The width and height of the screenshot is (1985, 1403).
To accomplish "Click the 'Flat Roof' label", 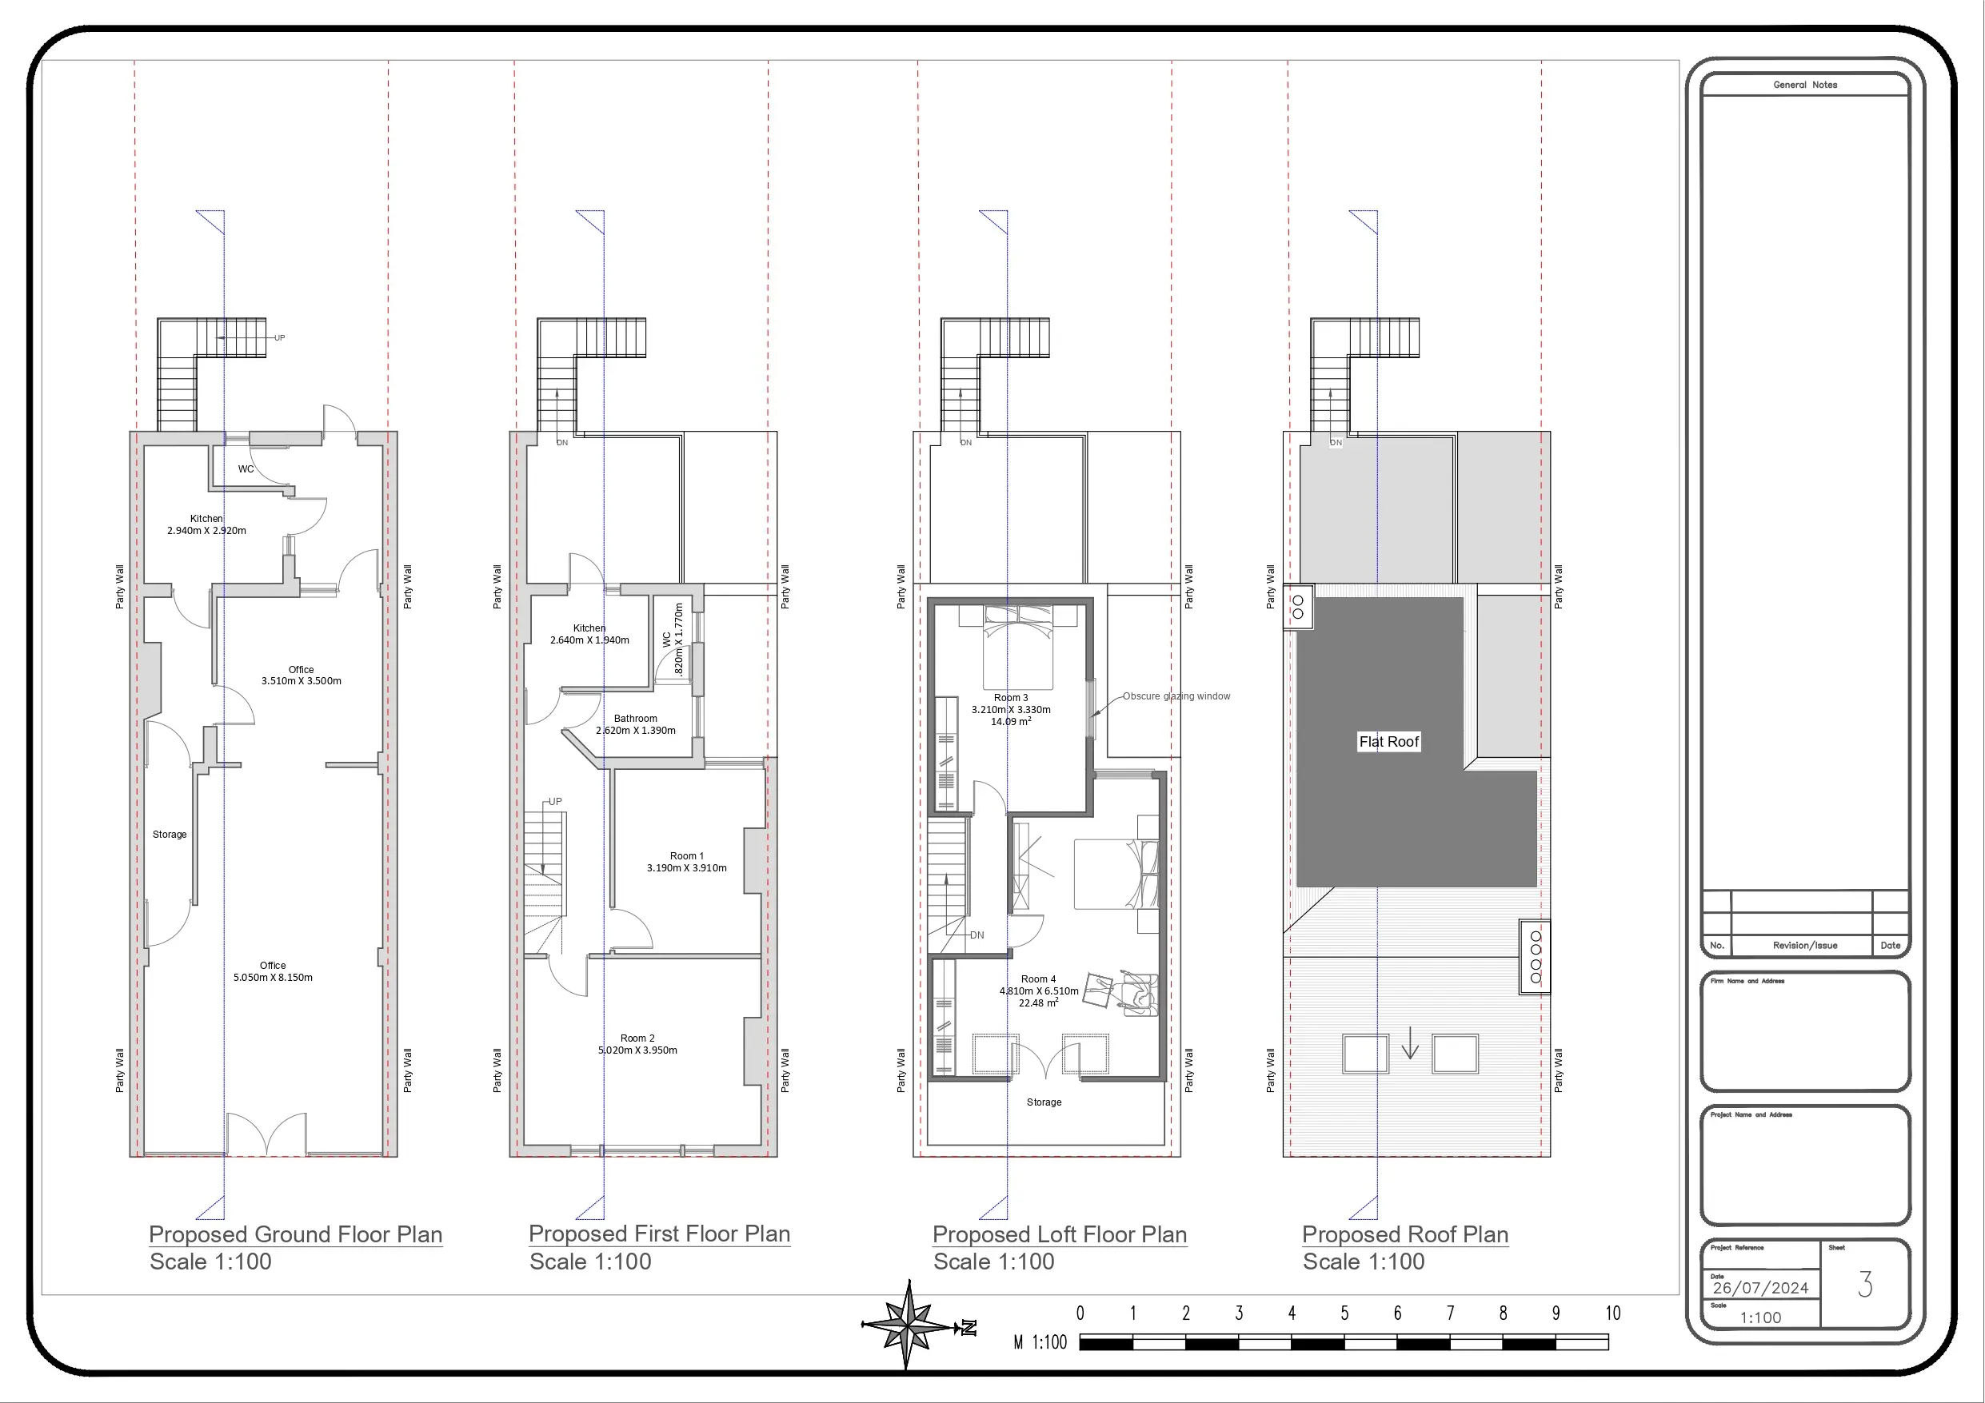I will click(1388, 742).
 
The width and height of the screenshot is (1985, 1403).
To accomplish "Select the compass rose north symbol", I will click(908, 1325).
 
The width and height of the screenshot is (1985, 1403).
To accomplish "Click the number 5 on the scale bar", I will click(1344, 1313).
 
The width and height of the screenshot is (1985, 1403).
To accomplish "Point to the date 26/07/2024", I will click(1760, 1288).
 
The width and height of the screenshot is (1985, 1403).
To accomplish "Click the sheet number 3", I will click(1865, 1285).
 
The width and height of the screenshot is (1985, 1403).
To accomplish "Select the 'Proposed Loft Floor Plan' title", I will click(1059, 1234).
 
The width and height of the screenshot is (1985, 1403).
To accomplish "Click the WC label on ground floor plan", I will click(246, 469).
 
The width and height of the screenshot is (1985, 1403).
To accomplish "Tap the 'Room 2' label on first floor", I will click(637, 1038).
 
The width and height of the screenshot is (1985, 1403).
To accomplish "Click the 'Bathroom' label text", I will click(636, 719).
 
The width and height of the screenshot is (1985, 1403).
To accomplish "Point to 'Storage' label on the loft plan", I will click(1044, 1102).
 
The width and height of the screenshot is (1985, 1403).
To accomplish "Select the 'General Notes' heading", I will click(1805, 85).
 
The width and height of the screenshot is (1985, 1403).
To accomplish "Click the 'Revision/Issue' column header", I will click(1805, 945).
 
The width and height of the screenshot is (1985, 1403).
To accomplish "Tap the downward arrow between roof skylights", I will click(1410, 1042).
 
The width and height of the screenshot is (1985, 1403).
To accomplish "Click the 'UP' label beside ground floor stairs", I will click(279, 338).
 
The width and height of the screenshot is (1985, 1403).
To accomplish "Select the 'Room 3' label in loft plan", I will click(1011, 698).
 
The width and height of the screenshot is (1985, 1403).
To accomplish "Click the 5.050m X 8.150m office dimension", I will click(274, 978).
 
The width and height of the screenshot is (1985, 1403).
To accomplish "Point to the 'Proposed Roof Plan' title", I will click(1405, 1234).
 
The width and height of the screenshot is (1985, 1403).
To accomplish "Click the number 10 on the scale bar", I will click(1612, 1313).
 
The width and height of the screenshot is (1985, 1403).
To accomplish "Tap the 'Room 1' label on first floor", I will click(686, 856).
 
